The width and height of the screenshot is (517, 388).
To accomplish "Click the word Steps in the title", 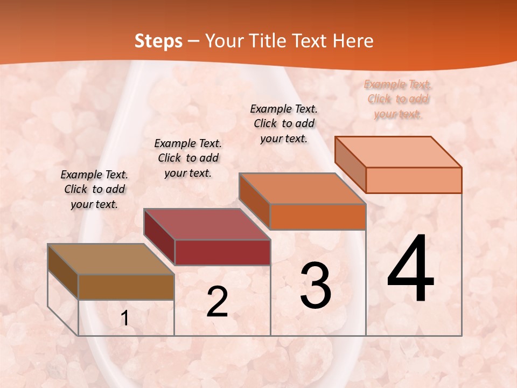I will click(x=158, y=41).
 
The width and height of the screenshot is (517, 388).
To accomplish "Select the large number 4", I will click(x=410, y=269).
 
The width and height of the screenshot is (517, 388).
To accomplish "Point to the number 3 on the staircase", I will click(x=316, y=286).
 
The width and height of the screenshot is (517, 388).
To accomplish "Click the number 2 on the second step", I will click(x=217, y=302).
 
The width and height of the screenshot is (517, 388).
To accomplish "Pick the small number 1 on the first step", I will click(x=124, y=318).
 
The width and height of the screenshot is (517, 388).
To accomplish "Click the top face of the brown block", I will click(x=111, y=259).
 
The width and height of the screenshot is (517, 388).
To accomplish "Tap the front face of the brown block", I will click(x=126, y=287).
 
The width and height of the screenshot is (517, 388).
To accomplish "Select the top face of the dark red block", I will click(x=207, y=224).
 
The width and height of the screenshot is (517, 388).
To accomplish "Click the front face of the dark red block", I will click(x=222, y=252).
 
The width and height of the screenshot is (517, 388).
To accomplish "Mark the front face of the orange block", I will click(x=318, y=217).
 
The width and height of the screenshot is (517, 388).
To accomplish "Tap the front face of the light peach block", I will click(x=414, y=180).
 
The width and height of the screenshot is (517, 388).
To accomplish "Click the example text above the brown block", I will click(x=94, y=190).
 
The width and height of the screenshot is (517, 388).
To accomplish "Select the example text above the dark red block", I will click(x=188, y=158).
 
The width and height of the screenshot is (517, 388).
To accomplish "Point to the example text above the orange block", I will click(x=284, y=123).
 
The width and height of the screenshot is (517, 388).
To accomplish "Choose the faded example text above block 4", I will click(x=398, y=99).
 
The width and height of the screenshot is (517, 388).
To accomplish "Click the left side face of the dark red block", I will click(x=159, y=237).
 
